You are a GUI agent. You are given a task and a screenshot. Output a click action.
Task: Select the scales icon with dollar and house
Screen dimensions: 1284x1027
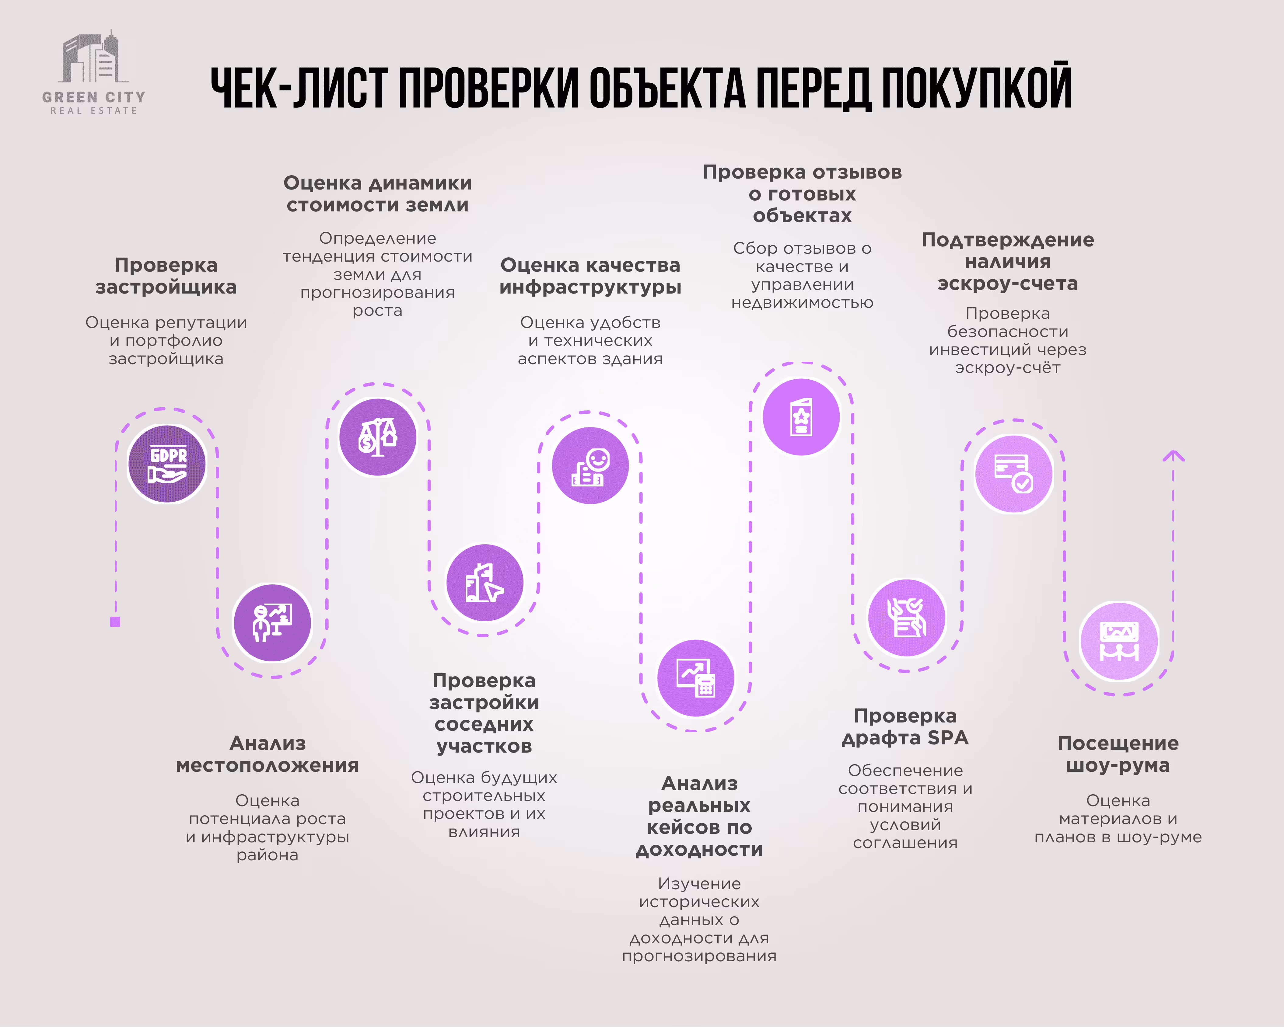click(378, 437)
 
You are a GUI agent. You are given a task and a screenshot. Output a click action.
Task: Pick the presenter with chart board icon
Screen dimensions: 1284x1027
click(272, 623)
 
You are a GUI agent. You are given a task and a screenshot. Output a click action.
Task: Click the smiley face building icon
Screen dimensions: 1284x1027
click(590, 465)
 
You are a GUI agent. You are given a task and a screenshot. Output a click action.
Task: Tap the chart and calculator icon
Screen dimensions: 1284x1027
click(696, 678)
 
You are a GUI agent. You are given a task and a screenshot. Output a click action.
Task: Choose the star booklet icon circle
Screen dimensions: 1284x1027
click(801, 417)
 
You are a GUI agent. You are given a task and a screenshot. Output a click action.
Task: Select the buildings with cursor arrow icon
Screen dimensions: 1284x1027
click(485, 582)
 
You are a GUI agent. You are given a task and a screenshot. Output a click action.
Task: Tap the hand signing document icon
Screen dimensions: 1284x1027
click(906, 618)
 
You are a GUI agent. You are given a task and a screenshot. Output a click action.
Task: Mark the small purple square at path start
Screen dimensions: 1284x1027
click(115, 621)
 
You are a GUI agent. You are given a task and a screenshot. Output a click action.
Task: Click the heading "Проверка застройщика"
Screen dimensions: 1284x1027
click(166, 276)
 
